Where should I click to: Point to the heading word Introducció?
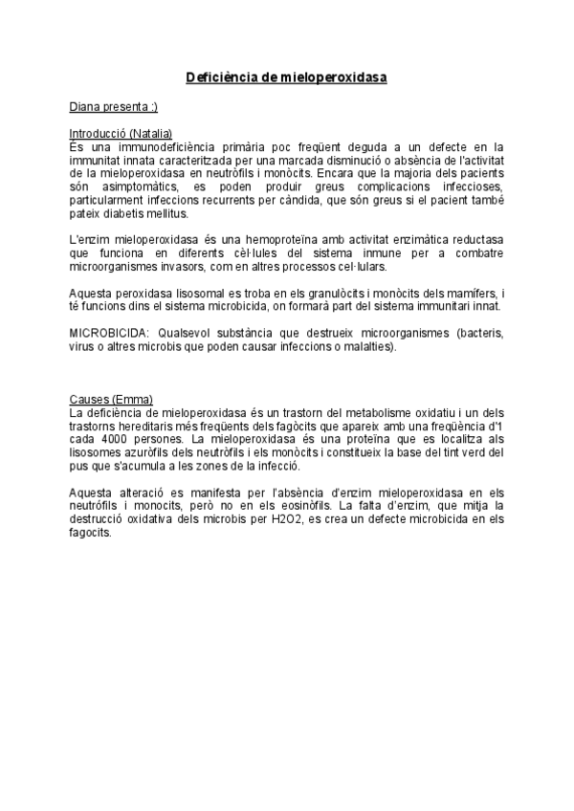99,135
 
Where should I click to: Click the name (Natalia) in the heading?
151,135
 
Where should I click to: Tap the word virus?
83,345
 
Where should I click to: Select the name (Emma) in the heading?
134,399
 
